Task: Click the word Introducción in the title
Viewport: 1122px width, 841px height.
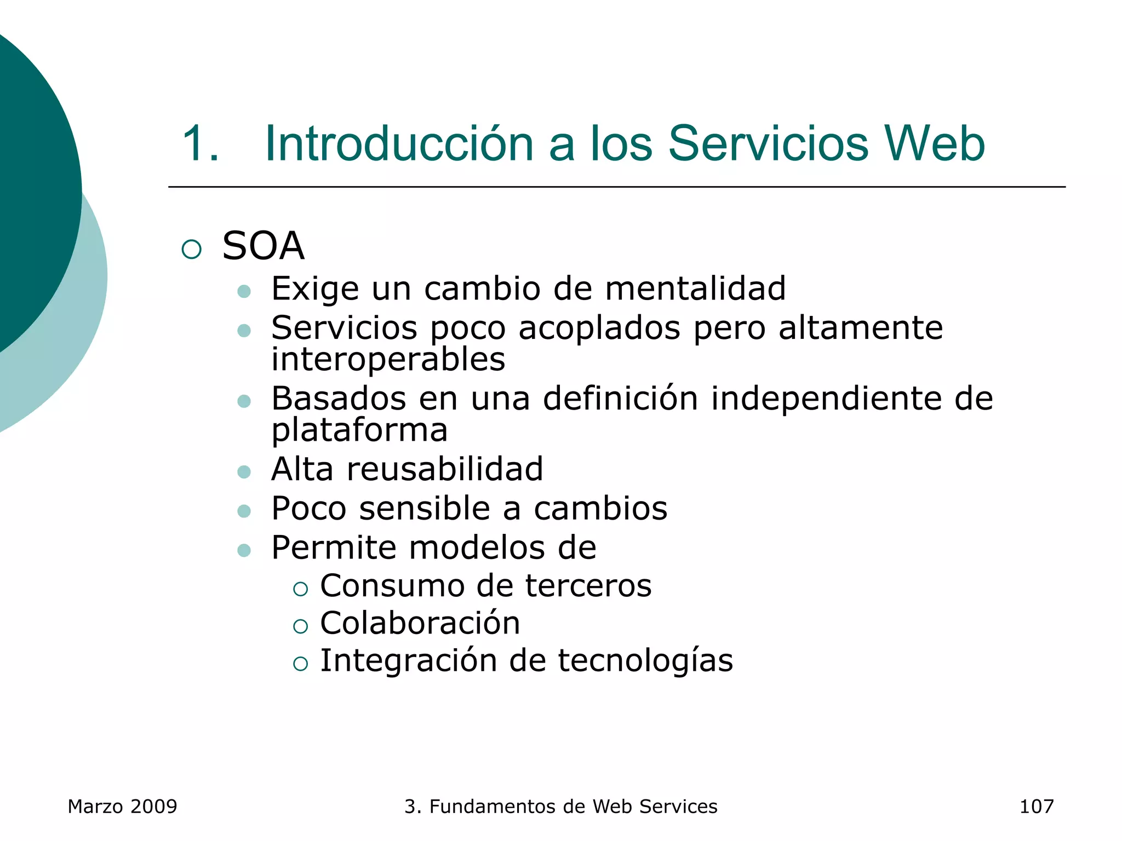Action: pos(399,143)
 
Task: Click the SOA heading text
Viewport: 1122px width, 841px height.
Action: pos(263,246)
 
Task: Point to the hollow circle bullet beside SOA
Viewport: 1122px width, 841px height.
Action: pos(192,250)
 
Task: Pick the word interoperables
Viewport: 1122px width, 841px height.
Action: pos(388,360)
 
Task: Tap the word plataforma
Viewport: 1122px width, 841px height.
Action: pos(359,430)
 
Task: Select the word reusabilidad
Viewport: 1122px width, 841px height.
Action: pos(445,469)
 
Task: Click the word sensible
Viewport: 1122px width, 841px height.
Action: pos(425,509)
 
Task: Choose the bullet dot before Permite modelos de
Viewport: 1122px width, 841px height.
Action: pos(244,550)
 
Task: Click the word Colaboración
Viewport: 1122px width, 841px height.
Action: pos(420,623)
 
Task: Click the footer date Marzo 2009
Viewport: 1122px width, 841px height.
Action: pos(122,807)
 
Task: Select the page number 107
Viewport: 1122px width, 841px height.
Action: pos(1036,807)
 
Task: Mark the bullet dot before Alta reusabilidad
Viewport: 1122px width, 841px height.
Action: pos(244,472)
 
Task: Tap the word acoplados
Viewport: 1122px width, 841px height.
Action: pos(599,328)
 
